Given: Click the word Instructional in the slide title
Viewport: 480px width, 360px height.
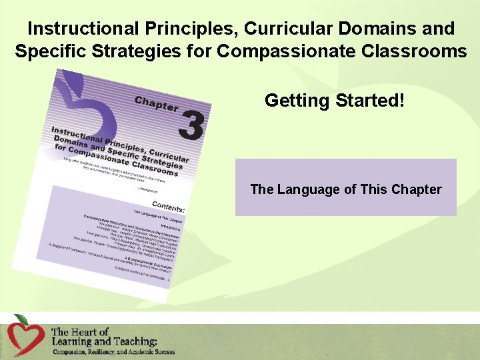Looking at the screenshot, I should point(85,29).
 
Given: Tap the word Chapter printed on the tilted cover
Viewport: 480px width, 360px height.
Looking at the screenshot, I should point(157,103).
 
